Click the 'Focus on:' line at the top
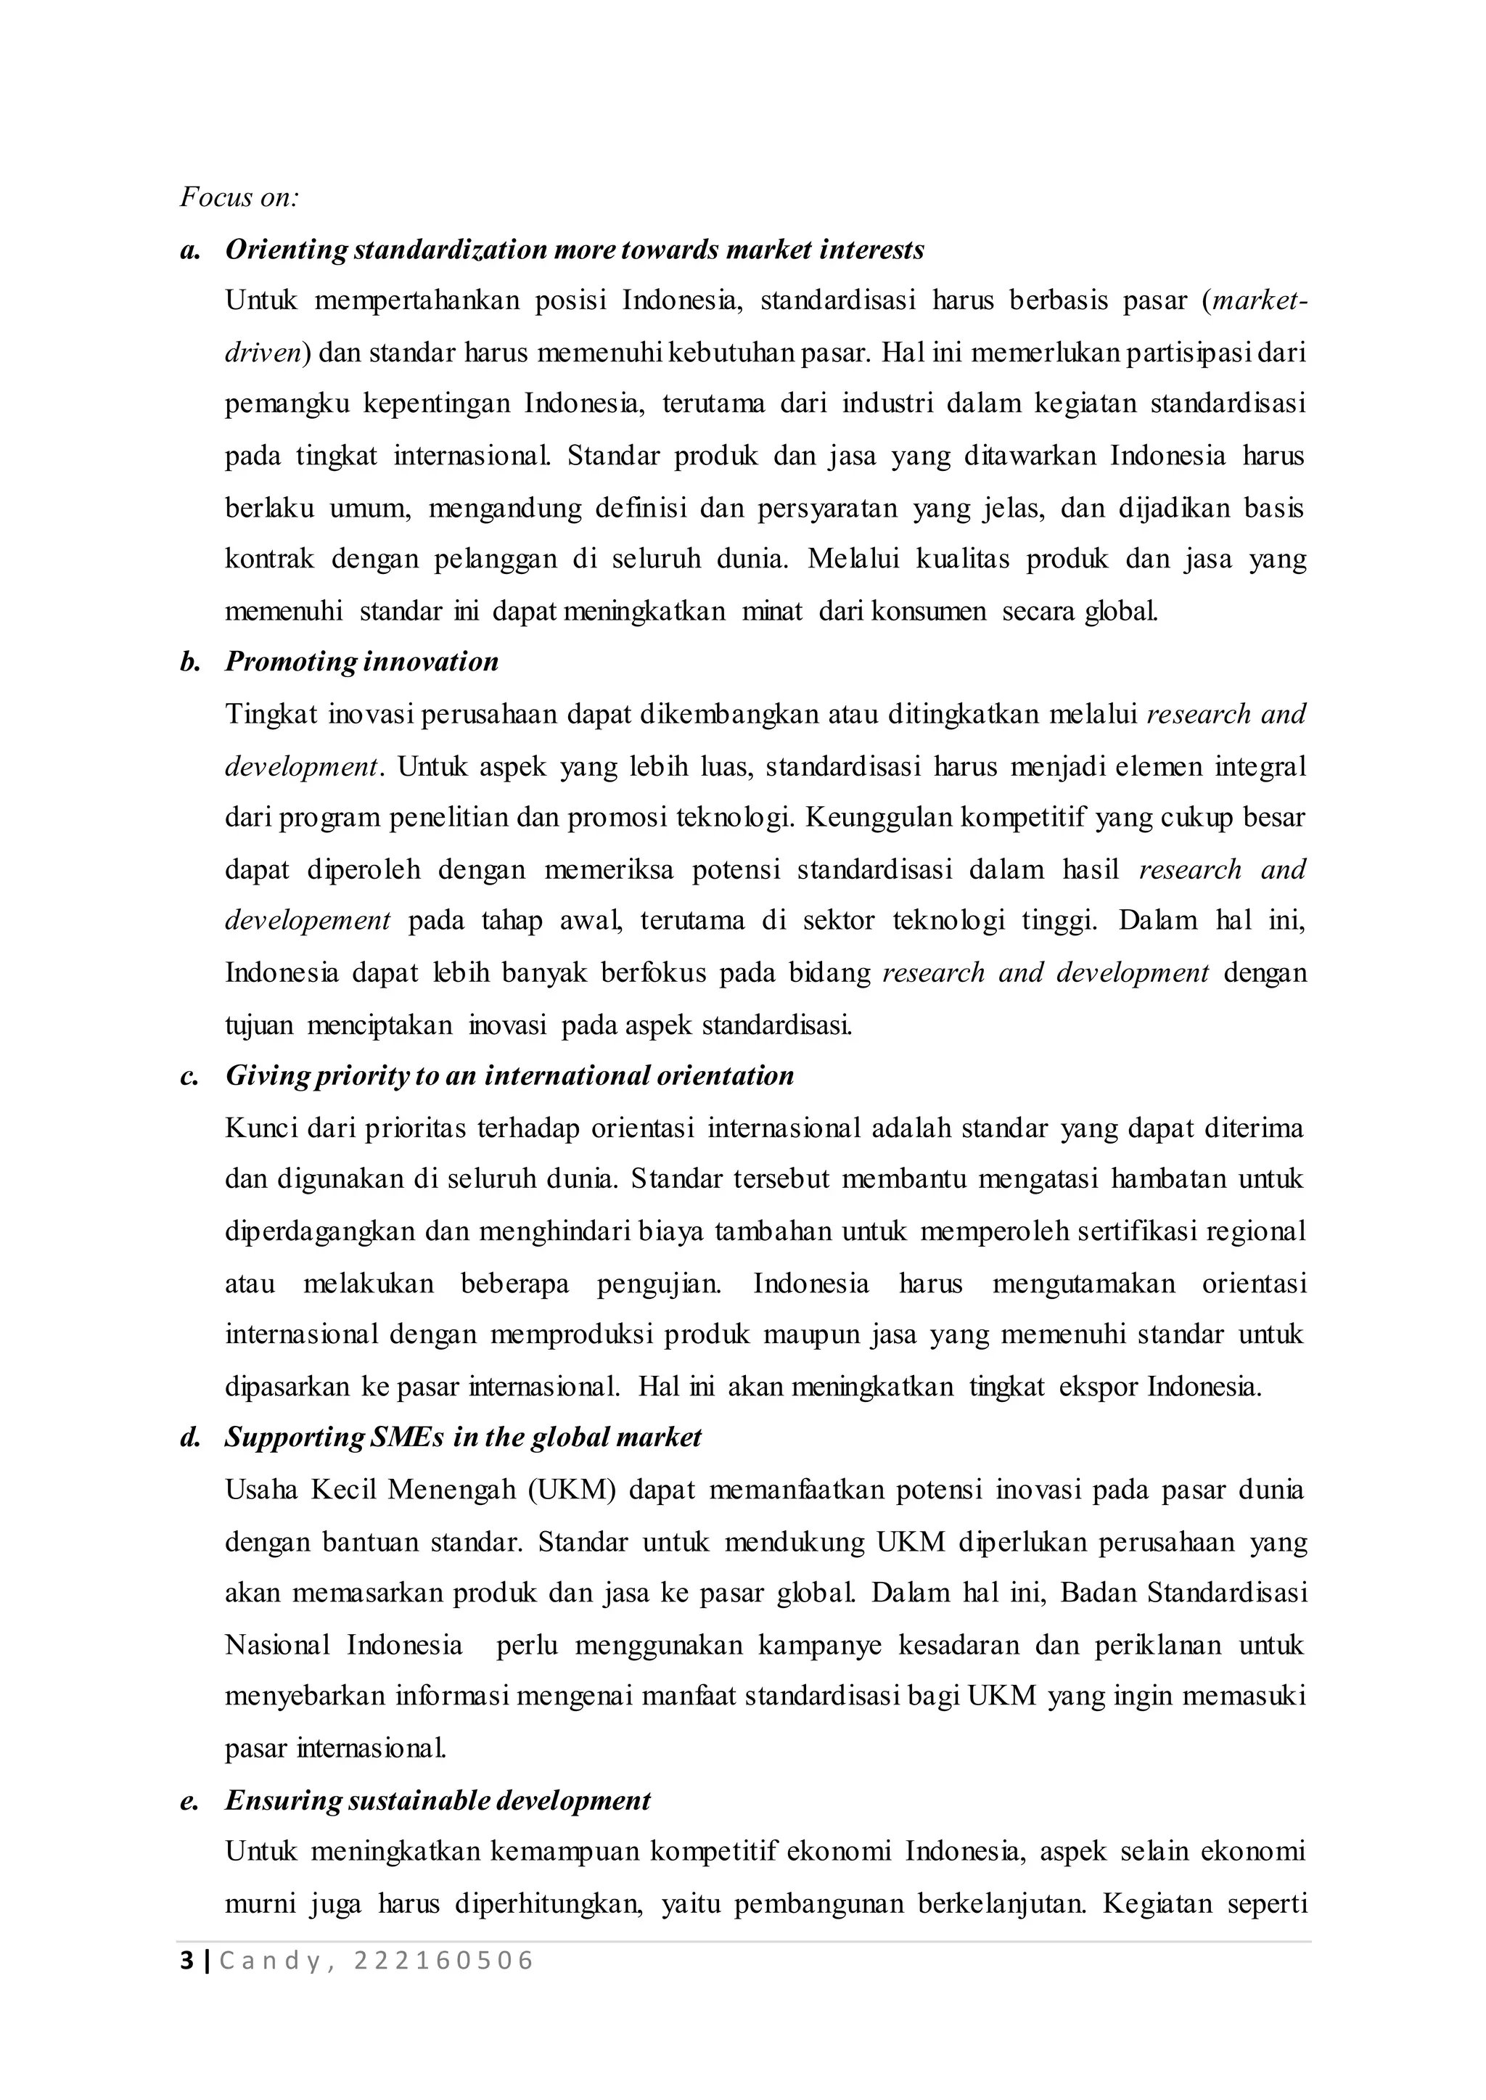point(239,197)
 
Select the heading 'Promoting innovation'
point(361,662)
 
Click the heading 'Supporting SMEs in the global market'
point(463,1437)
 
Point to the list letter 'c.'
point(189,1075)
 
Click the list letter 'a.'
point(189,249)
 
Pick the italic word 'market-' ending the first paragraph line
point(1258,301)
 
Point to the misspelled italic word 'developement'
point(308,921)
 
